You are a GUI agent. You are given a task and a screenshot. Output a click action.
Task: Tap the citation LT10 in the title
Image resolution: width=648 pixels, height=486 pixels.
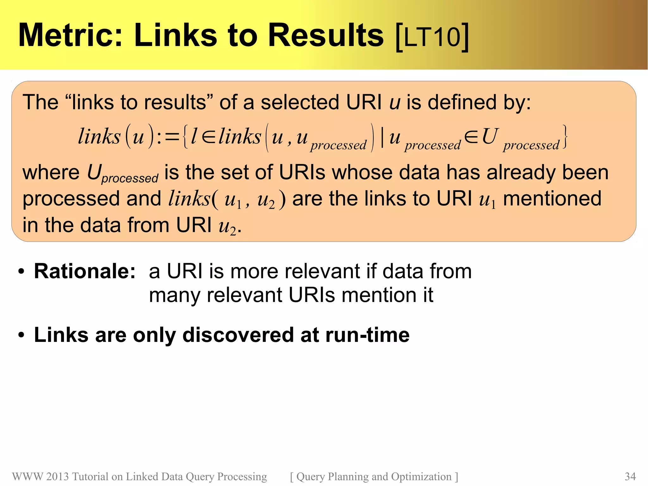coord(432,37)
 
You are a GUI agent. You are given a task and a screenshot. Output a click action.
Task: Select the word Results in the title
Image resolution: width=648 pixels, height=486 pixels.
coord(326,35)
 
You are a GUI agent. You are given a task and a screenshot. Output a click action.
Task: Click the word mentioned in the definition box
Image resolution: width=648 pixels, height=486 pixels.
coord(552,199)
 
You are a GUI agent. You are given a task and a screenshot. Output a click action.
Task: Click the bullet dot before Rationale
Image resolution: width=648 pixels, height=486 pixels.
coord(21,272)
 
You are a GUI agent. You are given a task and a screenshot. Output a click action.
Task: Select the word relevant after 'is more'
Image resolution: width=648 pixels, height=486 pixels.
coord(322,272)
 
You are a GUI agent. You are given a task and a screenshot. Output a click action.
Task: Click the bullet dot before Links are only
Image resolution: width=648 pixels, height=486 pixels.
coord(21,335)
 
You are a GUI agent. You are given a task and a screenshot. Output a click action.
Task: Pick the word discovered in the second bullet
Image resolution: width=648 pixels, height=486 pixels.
coord(239,335)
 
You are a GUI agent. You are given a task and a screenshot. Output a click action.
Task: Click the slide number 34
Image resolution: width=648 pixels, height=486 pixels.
coord(630,477)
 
